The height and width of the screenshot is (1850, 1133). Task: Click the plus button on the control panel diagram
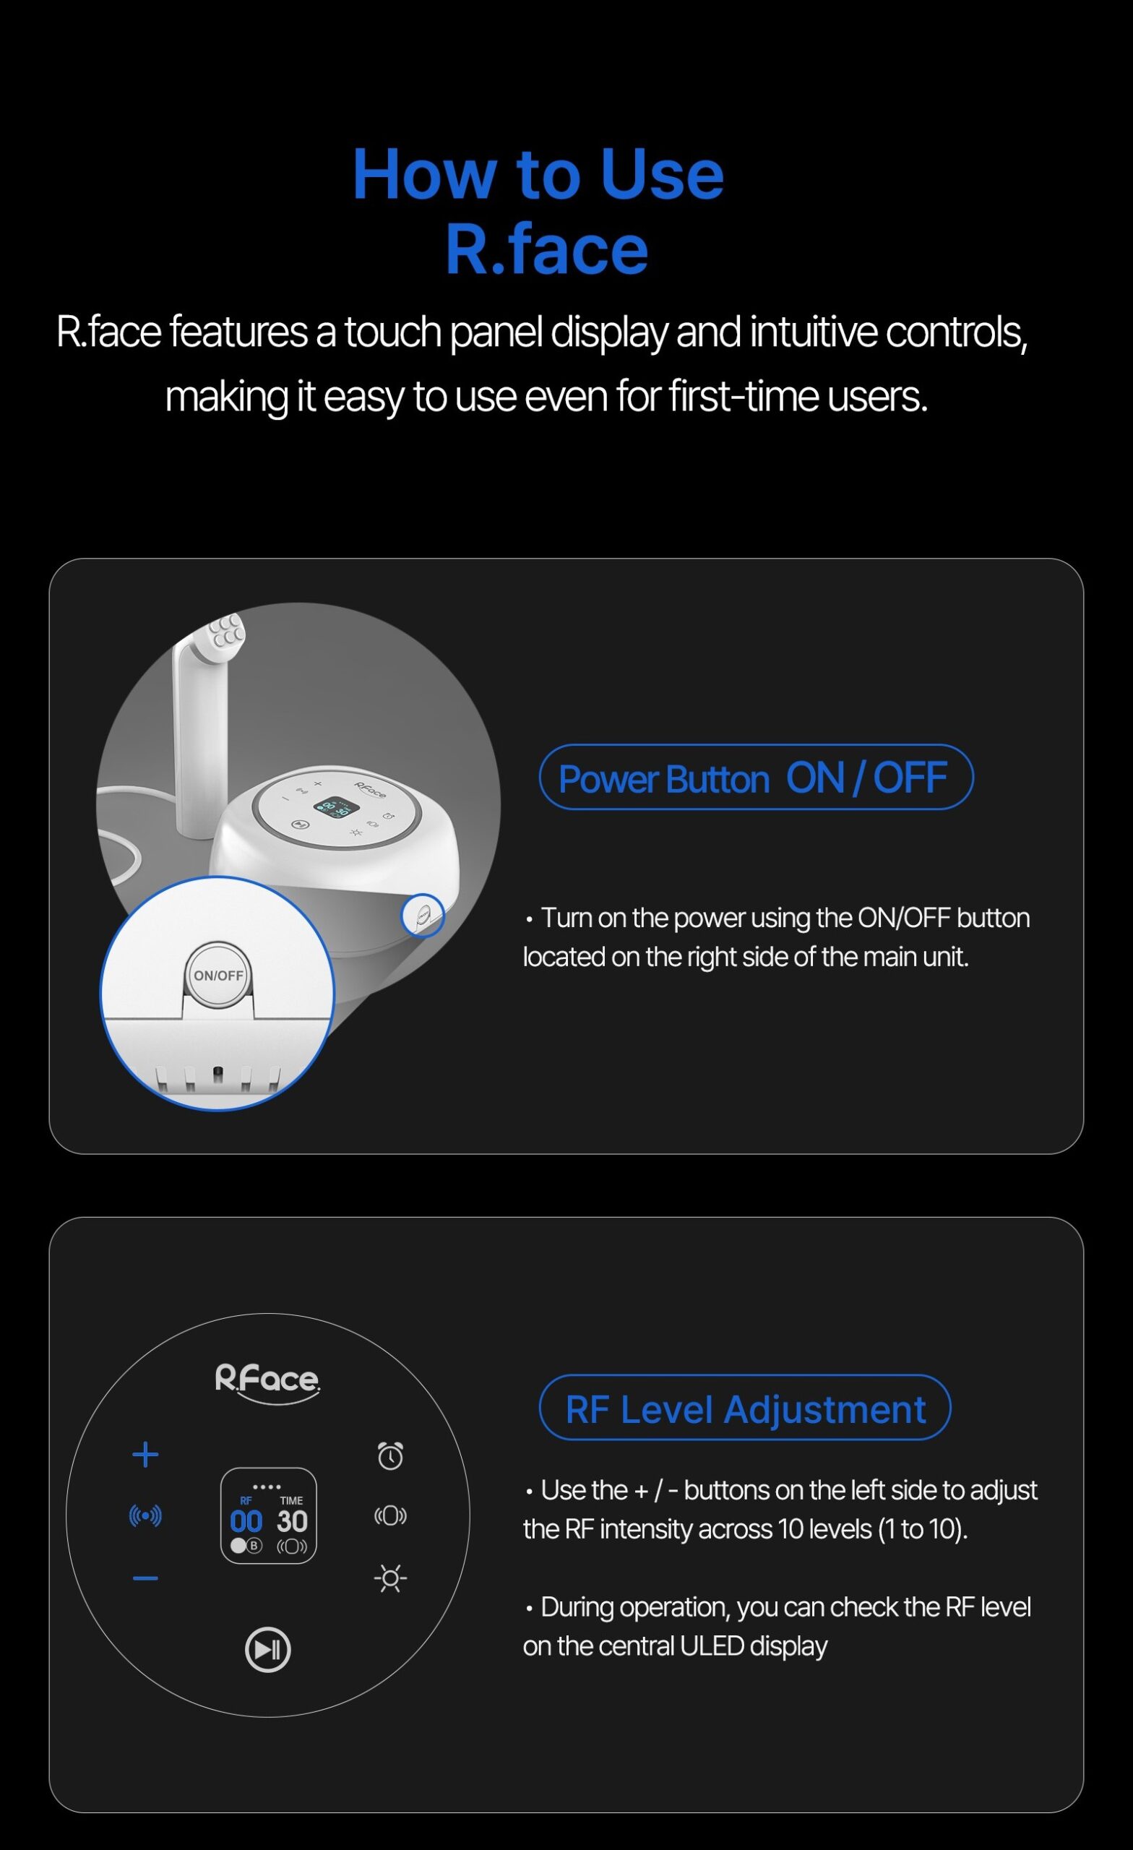(x=145, y=1455)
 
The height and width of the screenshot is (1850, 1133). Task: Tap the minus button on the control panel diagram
(x=145, y=1579)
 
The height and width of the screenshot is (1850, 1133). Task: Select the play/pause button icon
(x=268, y=1650)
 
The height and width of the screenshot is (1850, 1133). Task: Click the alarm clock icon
(x=390, y=1455)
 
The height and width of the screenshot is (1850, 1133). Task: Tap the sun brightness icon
(x=390, y=1578)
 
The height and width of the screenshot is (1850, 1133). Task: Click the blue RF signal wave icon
(x=145, y=1516)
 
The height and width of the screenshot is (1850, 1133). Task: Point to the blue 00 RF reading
(x=246, y=1522)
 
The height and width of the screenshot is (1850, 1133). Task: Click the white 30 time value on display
(x=292, y=1522)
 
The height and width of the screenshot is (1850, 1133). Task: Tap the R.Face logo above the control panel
(x=267, y=1382)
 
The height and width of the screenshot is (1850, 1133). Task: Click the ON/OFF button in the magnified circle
(x=218, y=975)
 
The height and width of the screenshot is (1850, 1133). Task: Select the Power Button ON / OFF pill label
(x=756, y=777)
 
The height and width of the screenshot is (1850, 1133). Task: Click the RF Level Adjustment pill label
(x=745, y=1408)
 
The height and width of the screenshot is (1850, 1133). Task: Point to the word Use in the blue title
(x=661, y=174)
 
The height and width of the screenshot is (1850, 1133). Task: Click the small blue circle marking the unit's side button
(x=423, y=915)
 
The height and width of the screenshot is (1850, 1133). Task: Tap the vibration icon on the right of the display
(x=390, y=1516)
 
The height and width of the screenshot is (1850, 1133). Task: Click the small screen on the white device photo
(x=337, y=808)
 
